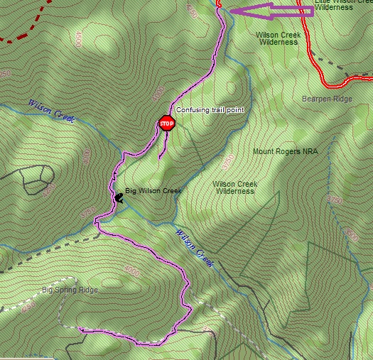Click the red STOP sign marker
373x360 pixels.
pos(166,124)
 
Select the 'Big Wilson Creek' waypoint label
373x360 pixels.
pos(153,191)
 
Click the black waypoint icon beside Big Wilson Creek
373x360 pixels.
pos(118,198)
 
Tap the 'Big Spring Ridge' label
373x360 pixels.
pos(70,290)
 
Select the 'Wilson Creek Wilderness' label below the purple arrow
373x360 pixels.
pos(278,38)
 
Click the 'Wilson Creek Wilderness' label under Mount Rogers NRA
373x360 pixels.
pos(235,187)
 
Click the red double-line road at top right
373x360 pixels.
pos(310,43)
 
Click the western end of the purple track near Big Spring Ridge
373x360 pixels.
pos(81,329)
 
